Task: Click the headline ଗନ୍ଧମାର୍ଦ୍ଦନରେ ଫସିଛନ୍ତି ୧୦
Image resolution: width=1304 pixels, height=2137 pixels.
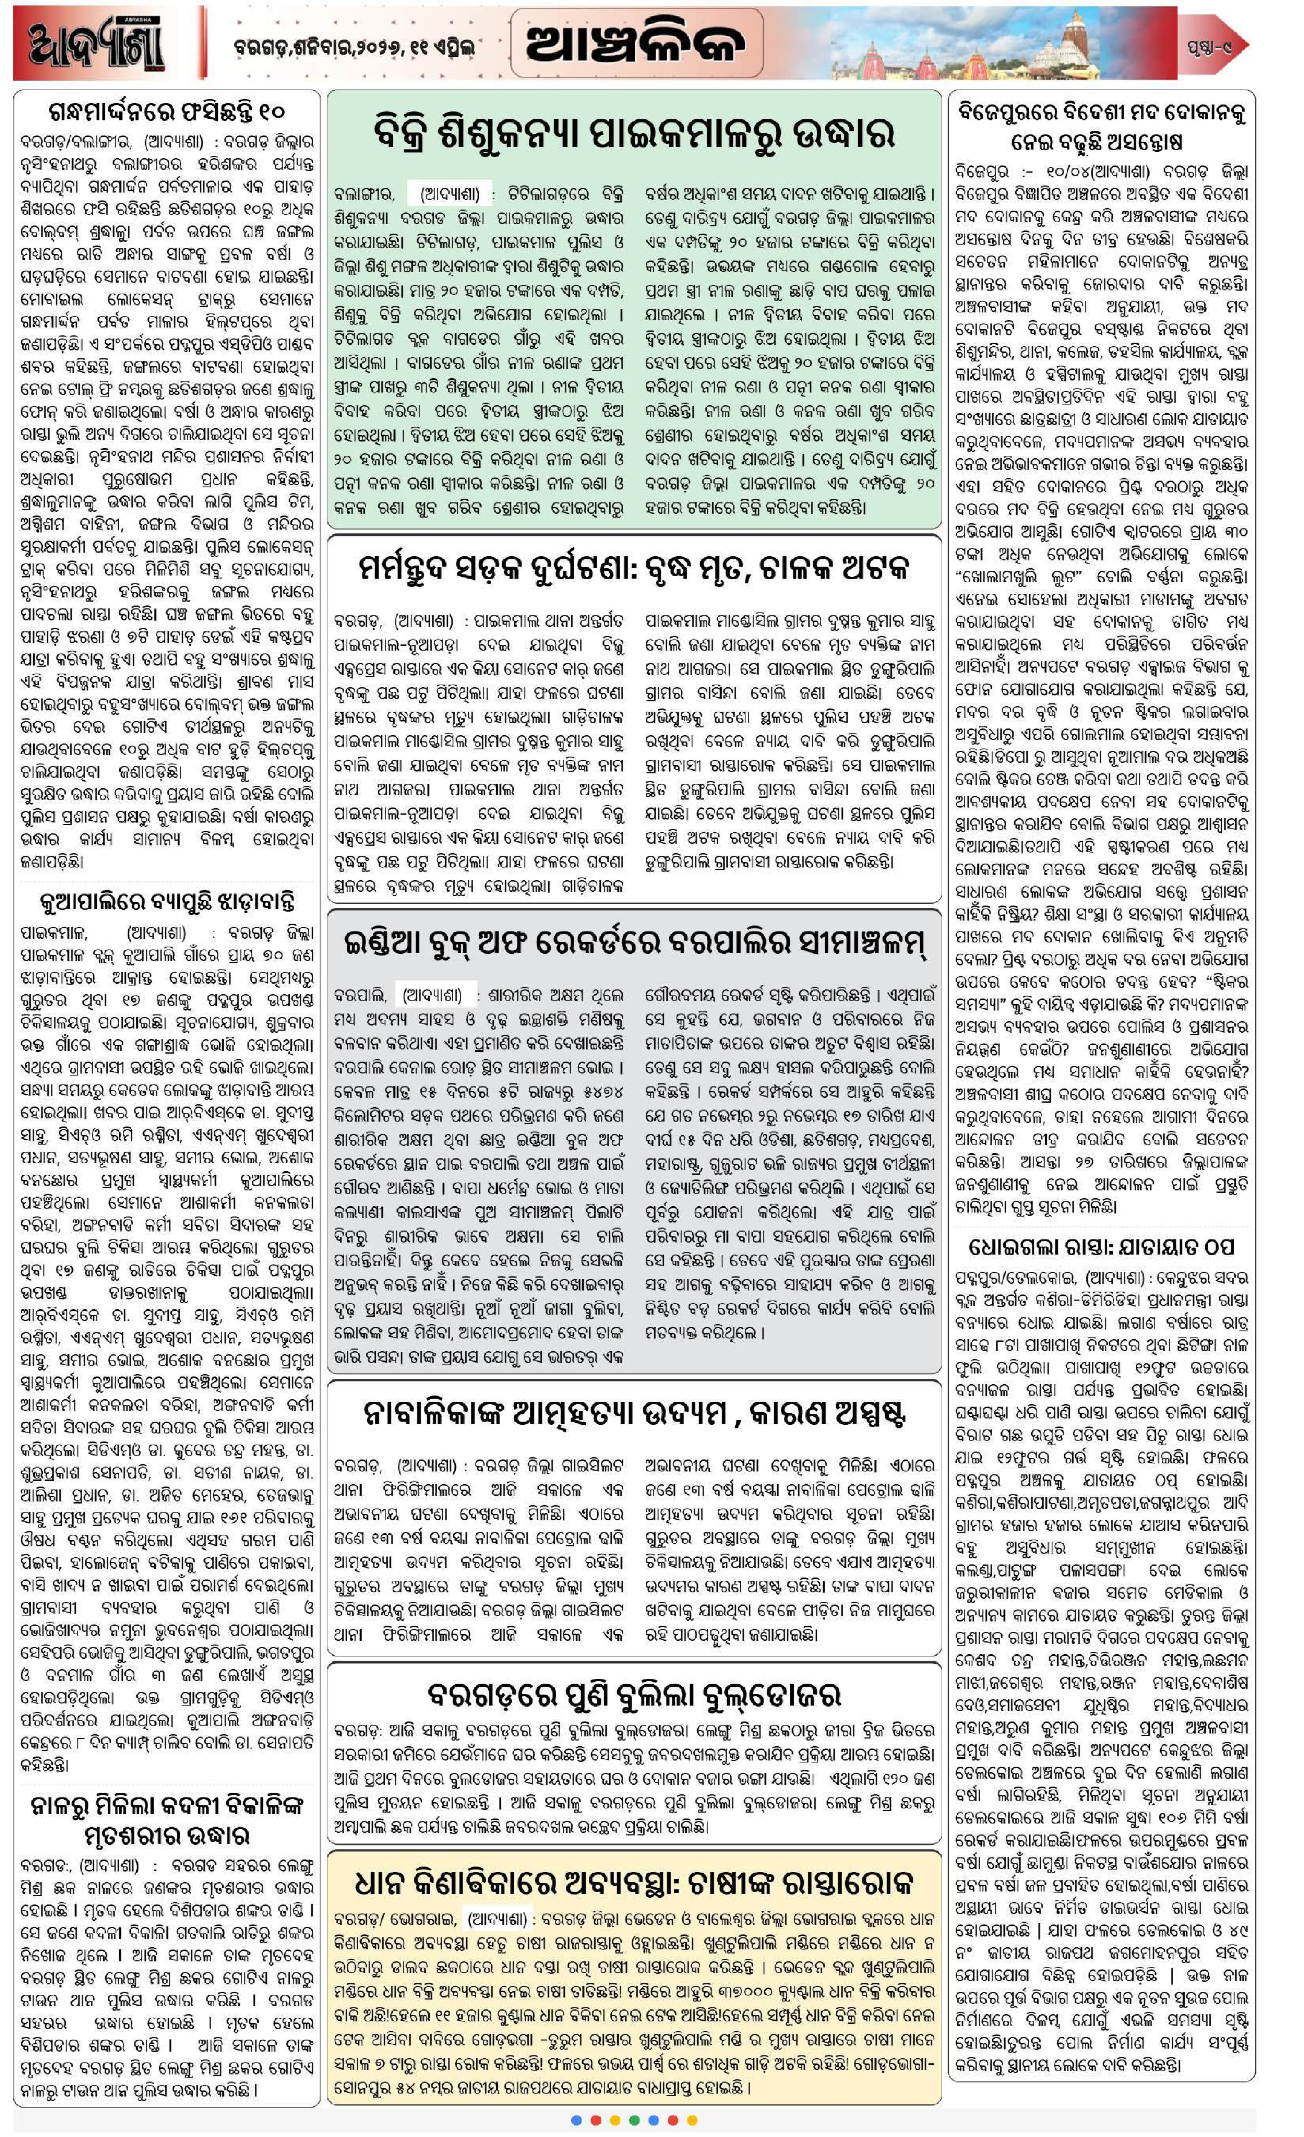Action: coord(167,113)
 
